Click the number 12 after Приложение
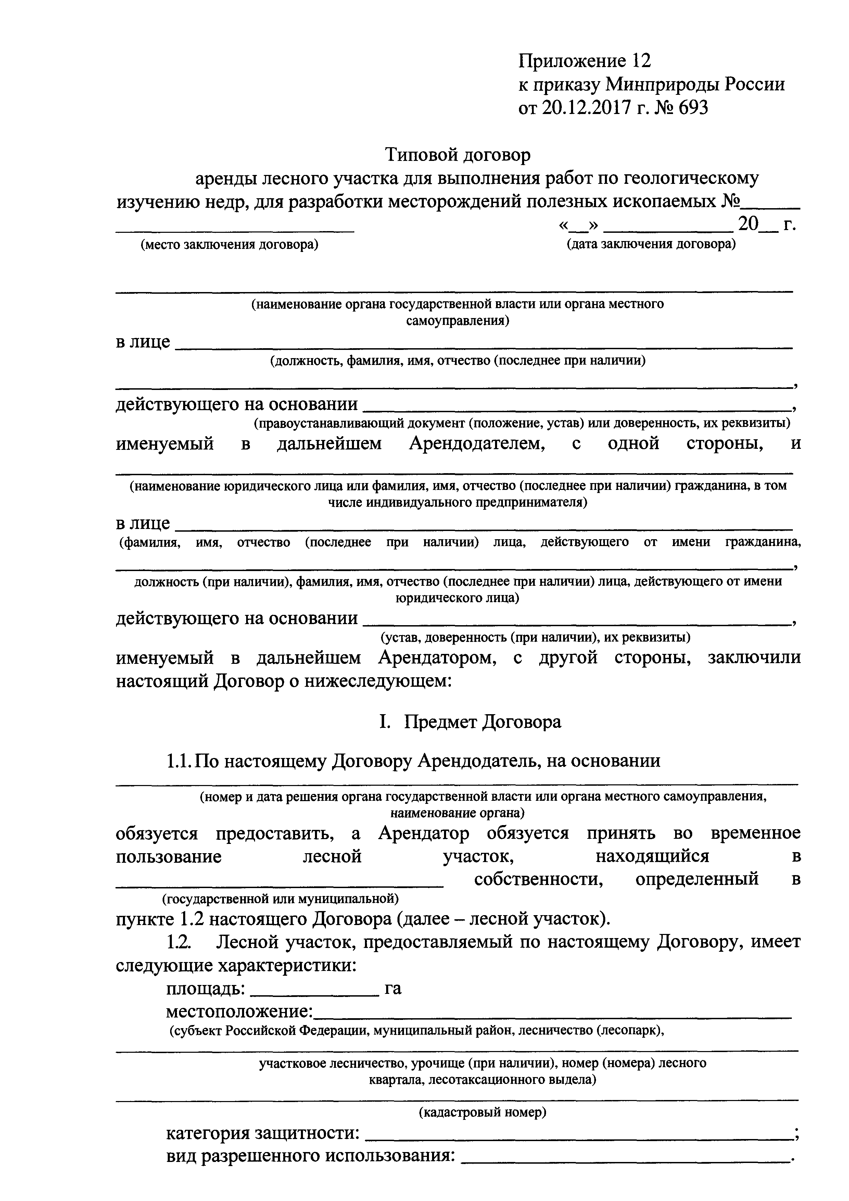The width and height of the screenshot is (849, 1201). click(x=641, y=61)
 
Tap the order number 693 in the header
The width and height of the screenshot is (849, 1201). click(x=693, y=108)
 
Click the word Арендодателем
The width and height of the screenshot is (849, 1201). click(x=477, y=444)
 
